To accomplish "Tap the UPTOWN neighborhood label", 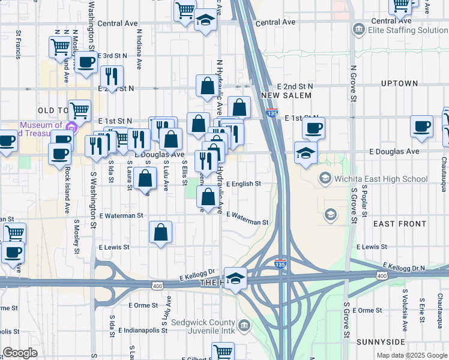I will (x=399, y=83).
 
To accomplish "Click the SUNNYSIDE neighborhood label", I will (x=397, y=341).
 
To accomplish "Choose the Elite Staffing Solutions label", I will (x=408, y=30).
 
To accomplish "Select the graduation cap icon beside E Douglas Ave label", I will (x=306, y=152).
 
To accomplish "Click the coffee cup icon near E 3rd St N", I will (x=86, y=62).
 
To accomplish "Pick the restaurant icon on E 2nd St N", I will (x=111, y=76).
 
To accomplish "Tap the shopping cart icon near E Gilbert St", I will (x=223, y=352).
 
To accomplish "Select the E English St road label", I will (x=244, y=184).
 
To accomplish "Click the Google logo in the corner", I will (x=20, y=353).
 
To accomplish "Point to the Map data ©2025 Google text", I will (x=412, y=355).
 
